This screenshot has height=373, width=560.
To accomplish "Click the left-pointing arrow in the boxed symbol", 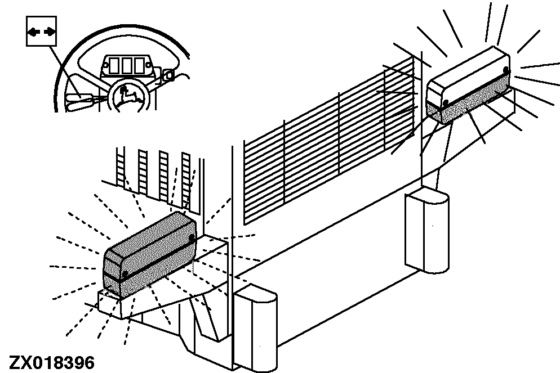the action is (34, 33).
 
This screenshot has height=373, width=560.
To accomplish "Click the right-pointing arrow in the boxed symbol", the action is (50, 33).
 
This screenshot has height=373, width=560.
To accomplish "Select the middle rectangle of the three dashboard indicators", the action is (127, 66).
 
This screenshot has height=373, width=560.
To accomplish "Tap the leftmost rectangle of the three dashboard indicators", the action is (114, 66).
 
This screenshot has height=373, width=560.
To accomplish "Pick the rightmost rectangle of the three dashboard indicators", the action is (139, 66).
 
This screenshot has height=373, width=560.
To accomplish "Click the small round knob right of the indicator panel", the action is (168, 75).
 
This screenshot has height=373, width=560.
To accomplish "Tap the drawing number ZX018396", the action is (52, 363).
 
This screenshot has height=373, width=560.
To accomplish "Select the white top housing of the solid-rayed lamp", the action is (467, 75).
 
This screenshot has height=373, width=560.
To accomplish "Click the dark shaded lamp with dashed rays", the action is (150, 255).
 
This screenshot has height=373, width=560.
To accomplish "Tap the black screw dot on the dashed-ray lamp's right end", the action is (192, 237).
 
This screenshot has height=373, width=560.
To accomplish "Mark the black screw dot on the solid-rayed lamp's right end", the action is (506, 69).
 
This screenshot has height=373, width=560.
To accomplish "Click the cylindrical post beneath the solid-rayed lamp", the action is (427, 231).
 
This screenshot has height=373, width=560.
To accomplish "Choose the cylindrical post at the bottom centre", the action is (255, 329).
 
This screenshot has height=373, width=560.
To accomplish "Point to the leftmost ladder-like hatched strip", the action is (121, 166).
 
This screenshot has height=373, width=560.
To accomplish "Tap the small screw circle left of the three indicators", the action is (106, 66).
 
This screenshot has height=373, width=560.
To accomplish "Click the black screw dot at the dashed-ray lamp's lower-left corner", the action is (125, 274).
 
